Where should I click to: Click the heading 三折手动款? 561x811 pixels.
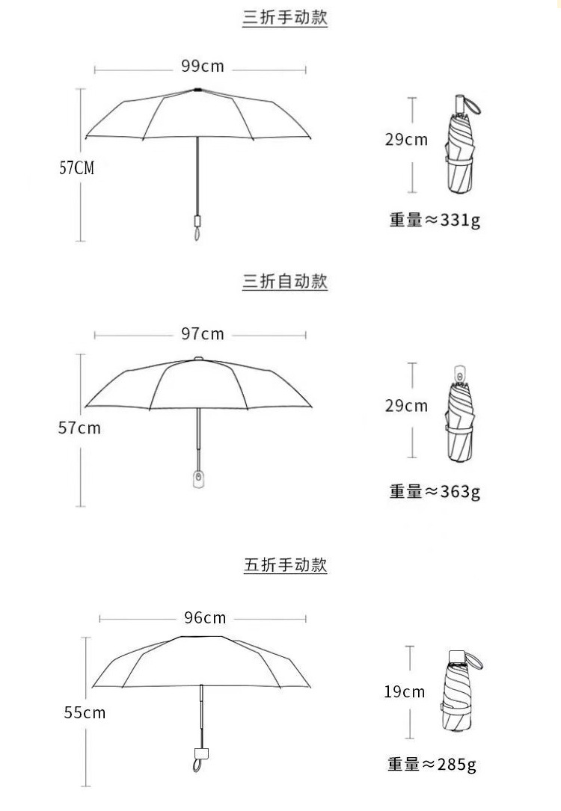(285, 18)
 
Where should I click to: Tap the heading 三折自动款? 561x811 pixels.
(285, 282)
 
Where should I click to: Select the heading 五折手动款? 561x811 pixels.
(285, 565)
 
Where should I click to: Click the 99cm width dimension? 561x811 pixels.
(202, 66)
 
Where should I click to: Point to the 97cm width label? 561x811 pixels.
(202, 333)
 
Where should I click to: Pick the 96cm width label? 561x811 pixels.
(204, 617)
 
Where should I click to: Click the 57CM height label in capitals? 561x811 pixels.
(77, 167)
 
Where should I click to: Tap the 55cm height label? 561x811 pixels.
(85, 712)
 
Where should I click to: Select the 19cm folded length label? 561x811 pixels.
(404, 691)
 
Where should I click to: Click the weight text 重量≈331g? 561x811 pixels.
(434, 221)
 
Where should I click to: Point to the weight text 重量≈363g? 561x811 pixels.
(434, 491)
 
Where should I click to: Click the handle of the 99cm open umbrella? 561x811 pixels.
(197, 222)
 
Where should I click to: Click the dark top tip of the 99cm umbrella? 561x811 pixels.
(197, 90)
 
